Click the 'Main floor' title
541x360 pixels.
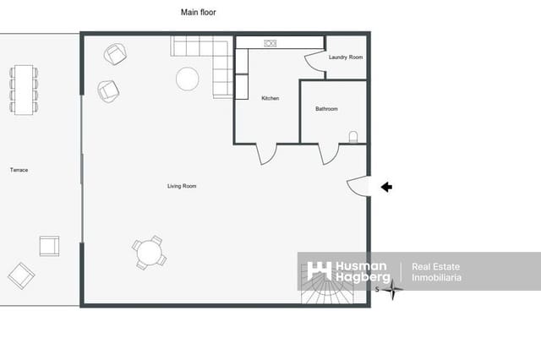tap(199, 13)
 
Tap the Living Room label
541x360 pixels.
tap(182, 186)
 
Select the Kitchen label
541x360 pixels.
tap(270, 98)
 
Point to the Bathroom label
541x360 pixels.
tap(326, 109)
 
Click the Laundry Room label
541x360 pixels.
tap(346, 57)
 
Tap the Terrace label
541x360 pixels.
tap(19, 170)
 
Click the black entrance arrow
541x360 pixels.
tap(386, 187)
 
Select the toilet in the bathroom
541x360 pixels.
tap(353, 137)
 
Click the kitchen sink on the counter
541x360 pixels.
tap(270, 43)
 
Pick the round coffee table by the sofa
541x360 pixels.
tap(188, 79)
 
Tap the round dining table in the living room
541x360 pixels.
tap(149, 253)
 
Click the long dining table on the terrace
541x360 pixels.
tap(24, 90)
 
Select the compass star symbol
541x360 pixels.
tap(392, 289)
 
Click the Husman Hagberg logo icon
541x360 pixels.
tap(319, 271)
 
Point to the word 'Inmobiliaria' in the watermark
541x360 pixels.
tap(436, 277)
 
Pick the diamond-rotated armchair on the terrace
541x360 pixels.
tap(21, 275)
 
